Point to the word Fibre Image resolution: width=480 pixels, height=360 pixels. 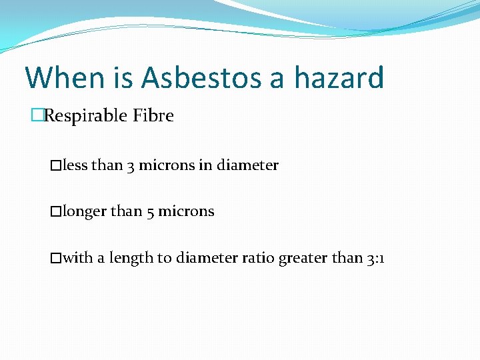tap(153, 116)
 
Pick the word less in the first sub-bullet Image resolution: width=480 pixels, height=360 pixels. tap(75, 165)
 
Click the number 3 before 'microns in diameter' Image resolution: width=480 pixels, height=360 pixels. tap(131, 165)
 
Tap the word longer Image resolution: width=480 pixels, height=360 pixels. tap(84, 212)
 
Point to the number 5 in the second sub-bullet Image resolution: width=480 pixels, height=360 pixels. tap(150, 212)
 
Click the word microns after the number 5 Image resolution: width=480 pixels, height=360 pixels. tap(186, 212)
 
